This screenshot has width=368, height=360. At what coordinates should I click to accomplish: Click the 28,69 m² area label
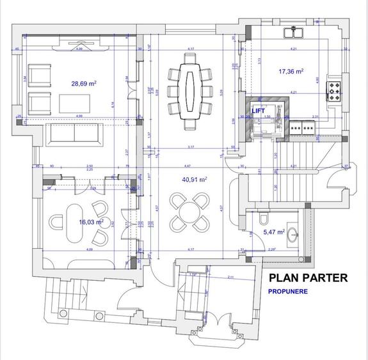[84, 83]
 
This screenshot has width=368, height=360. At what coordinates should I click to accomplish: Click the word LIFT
[259, 111]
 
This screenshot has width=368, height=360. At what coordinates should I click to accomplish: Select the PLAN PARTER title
[308, 278]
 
